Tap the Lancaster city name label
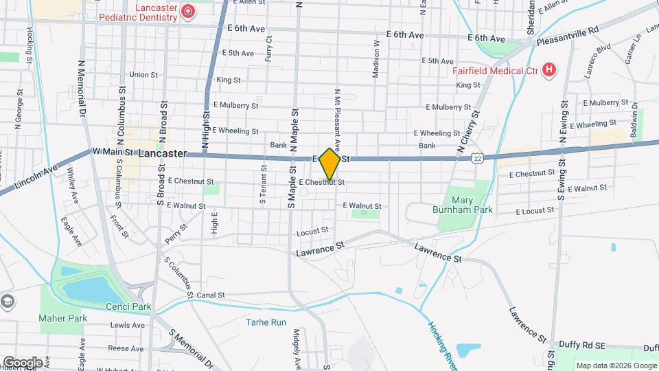(162, 154)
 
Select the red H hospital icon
(548, 69)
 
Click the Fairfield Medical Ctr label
(496, 70)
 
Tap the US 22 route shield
(476, 159)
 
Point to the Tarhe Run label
(266, 322)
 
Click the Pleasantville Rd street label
(568, 32)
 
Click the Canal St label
(211, 295)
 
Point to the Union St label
(143, 74)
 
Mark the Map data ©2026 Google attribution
(615, 366)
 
